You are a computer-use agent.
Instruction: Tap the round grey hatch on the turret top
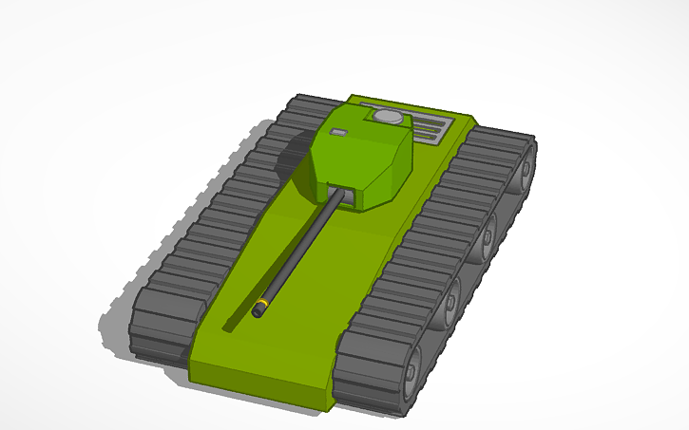[386, 117]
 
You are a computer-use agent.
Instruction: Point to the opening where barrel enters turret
[347, 195]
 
